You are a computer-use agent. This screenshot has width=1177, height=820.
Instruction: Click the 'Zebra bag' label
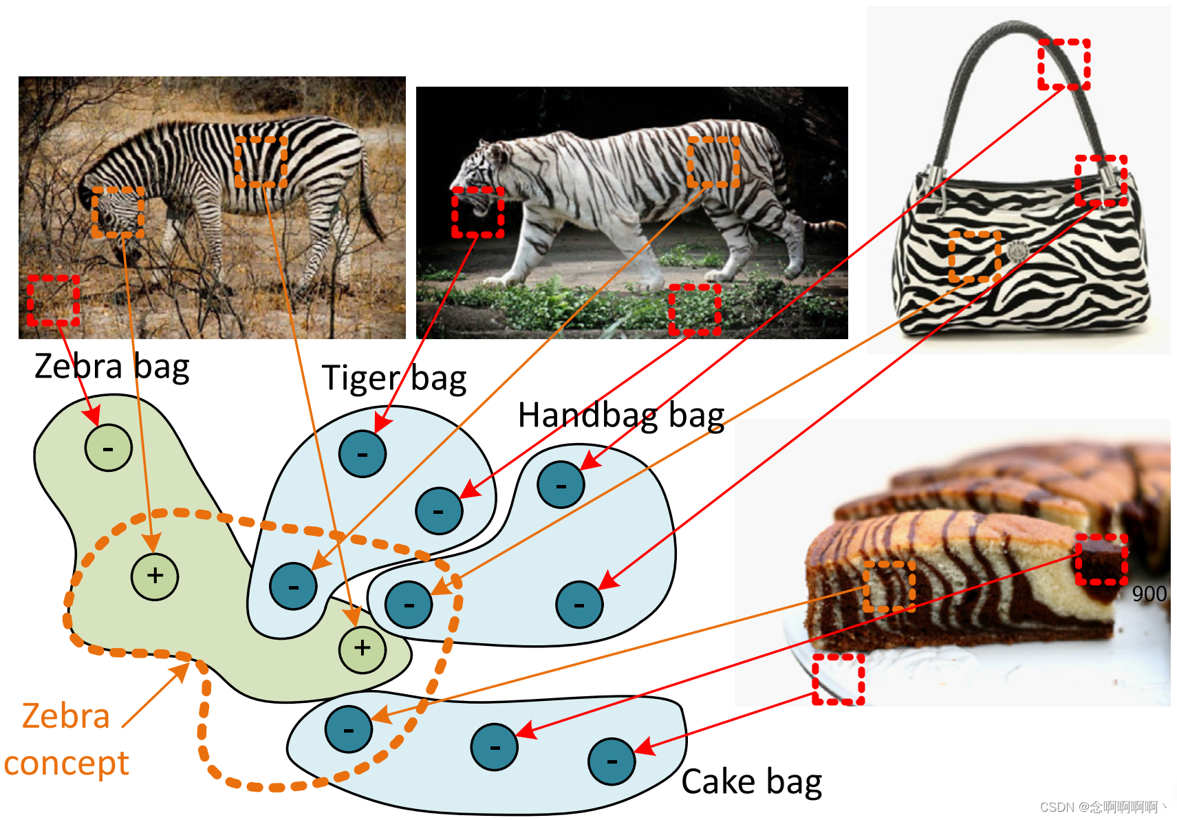111,367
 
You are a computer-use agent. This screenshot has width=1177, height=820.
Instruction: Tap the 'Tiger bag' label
393,378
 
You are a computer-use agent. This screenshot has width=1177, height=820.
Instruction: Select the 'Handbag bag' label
620,416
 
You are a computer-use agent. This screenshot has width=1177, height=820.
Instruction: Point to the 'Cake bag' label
751,782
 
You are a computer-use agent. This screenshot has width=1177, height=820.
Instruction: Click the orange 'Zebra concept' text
66,740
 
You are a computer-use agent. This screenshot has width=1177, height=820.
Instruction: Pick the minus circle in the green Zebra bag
108,448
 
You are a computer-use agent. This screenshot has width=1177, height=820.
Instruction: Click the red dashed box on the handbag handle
1063,65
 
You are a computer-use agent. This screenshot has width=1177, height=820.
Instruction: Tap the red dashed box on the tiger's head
477,213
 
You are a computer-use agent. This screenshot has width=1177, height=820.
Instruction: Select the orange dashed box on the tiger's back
713,162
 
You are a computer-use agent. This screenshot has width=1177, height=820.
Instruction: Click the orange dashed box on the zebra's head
118,212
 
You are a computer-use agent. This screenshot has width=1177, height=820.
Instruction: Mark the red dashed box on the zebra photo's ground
53,301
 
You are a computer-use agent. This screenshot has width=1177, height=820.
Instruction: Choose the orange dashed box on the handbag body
974,257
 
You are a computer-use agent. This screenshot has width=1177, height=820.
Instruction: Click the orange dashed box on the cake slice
889,586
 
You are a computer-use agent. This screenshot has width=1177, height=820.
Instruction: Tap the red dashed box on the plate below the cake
838,679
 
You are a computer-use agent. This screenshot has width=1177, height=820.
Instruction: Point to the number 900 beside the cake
1149,594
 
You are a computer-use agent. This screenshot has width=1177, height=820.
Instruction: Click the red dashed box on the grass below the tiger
695,310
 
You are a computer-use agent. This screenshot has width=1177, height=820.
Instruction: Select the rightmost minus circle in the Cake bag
611,762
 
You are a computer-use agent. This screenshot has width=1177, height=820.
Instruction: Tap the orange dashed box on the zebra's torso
261,162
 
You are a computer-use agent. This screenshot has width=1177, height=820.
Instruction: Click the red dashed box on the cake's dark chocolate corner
1101,559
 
